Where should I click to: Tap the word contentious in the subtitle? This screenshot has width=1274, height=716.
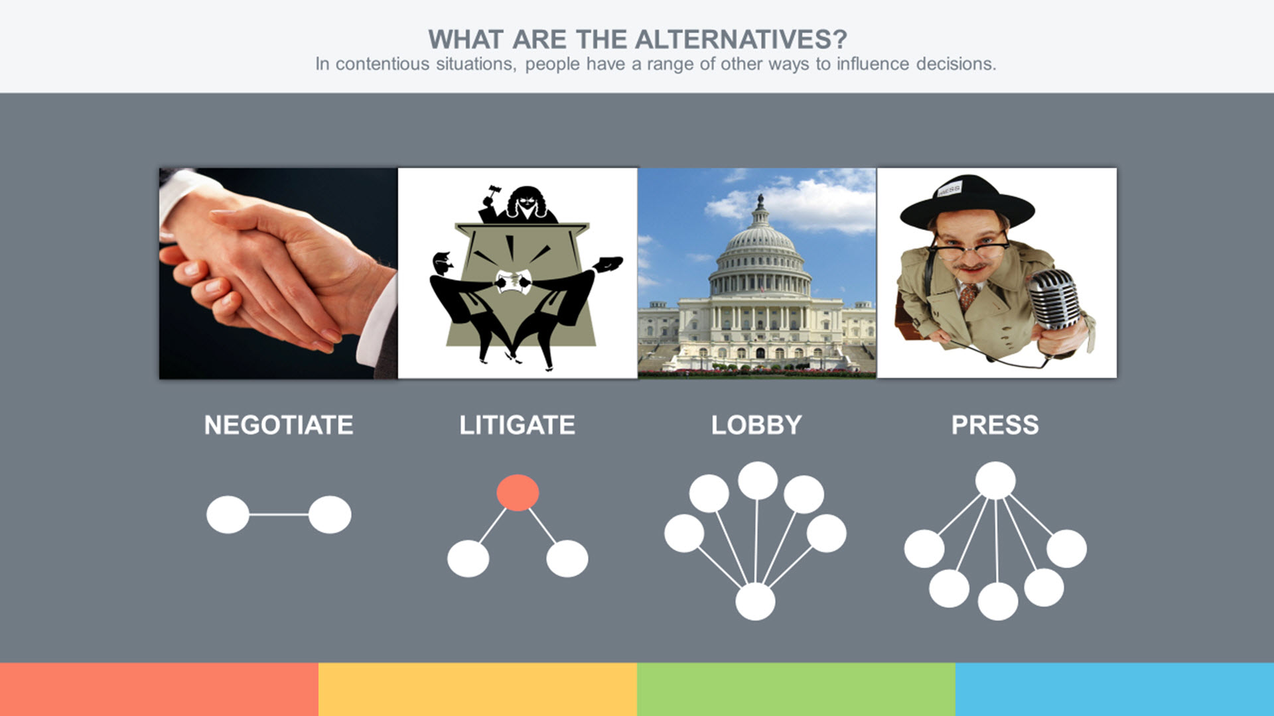[x=381, y=64]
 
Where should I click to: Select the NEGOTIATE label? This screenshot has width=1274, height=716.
[x=279, y=425]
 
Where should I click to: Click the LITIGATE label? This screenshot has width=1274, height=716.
[x=518, y=425]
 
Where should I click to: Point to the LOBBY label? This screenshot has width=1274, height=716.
[x=756, y=425]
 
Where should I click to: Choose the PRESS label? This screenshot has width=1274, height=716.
[x=995, y=425]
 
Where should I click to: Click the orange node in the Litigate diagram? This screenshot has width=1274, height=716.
[x=518, y=493]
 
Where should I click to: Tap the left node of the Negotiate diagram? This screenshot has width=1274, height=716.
[x=228, y=514]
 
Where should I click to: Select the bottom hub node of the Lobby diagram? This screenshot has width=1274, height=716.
[x=755, y=602]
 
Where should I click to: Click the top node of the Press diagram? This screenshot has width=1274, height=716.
[x=995, y=480]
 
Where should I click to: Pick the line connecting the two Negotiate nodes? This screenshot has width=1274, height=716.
[x=279, y=514]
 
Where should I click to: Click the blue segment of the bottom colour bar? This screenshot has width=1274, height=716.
[x=1115, y=689]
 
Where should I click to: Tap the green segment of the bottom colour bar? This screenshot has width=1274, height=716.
[x=796, y=689]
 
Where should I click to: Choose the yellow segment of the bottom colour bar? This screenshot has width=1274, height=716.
[x=478, y=689]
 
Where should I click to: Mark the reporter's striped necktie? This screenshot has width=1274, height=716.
[x=968, y=296]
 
